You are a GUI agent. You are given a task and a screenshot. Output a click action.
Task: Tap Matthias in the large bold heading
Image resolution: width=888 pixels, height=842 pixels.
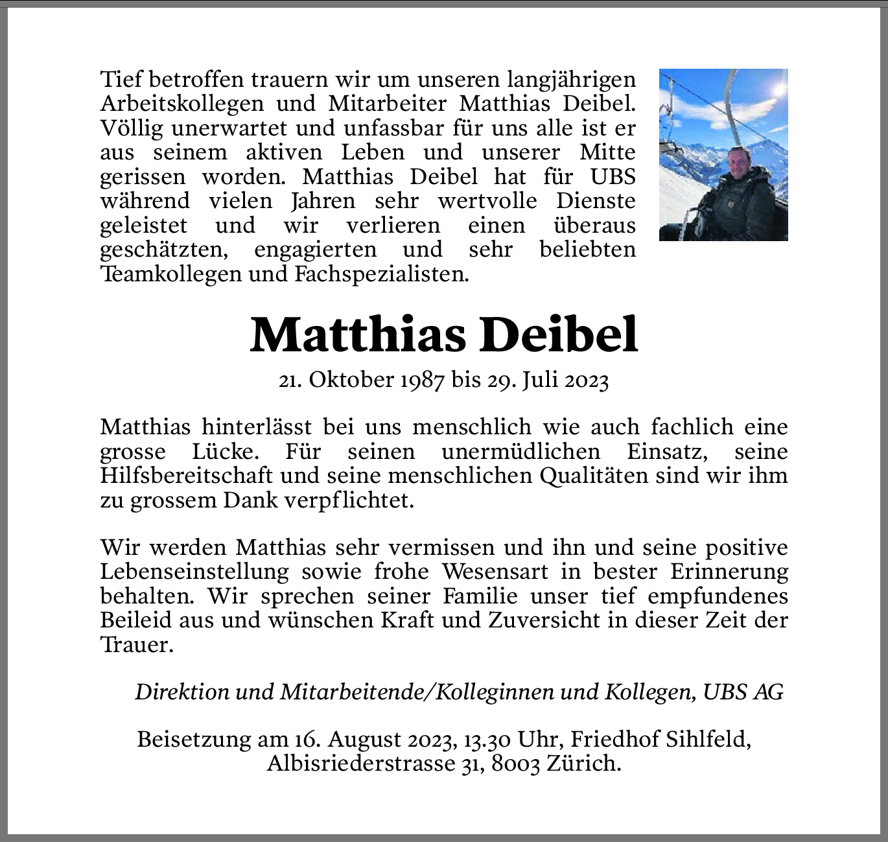click(x=358, y=335)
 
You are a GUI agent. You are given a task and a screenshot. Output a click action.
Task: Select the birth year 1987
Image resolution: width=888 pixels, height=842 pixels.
click(x=422, y=380)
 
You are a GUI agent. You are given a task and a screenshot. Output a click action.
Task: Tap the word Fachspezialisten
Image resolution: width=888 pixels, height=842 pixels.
click(x=381, y=274)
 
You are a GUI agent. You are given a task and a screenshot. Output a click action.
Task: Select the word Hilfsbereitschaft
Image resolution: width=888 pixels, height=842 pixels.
click(x=186, y=476)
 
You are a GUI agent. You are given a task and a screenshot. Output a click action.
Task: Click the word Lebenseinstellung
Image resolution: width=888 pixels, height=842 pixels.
click(x=194, y=572)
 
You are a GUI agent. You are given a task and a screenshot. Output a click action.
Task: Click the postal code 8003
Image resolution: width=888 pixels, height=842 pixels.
click(x=516, y=764)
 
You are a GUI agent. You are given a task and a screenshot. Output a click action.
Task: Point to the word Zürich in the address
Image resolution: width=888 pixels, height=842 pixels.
click(x=583, y=764)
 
